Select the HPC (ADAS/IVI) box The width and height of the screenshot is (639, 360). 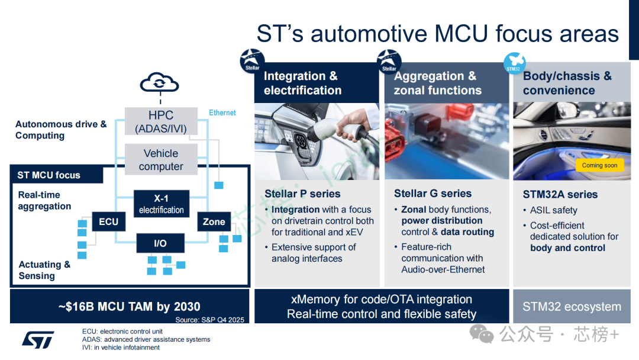[x=161, y=121]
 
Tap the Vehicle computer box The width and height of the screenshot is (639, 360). [x=161, y=159]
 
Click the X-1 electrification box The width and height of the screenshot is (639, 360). [x=161, y=204]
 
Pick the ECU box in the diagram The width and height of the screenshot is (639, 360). [x=108, y=222]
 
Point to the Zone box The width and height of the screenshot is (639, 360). [x=214, y=222]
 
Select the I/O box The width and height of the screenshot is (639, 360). [x=160, y=243]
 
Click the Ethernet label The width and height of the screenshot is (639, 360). [x=222, y=112]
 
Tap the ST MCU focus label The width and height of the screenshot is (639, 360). [x=49, y=175]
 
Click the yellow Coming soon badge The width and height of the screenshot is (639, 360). [x=599, y=165]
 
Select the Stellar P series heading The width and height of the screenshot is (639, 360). [x=302, y=194]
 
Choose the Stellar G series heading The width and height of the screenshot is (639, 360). [x=433, y=194]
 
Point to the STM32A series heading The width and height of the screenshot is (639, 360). [x=560, y=194]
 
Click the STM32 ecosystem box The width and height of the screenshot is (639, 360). [x=572, y=307]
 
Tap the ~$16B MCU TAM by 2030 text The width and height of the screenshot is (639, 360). [x=129, y=306]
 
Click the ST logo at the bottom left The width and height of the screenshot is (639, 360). [x=38, y=339]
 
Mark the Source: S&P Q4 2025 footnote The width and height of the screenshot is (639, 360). [x=209, y=320]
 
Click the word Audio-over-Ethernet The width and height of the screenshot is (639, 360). [x=443, y=269]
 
